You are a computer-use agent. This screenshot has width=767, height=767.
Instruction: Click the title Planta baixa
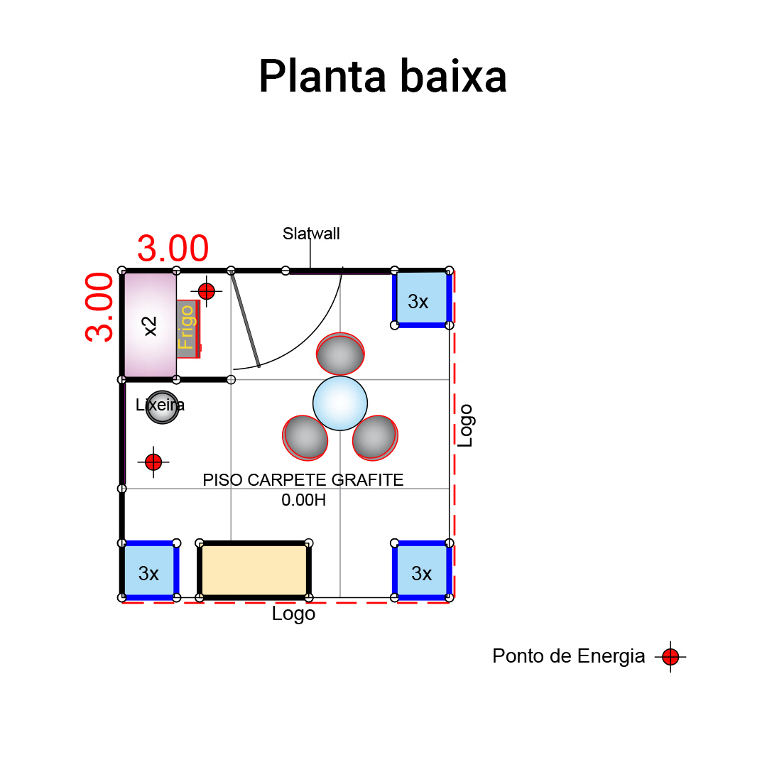382,77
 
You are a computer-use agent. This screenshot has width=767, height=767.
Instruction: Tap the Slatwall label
311,234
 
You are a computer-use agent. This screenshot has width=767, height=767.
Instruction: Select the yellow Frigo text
187,327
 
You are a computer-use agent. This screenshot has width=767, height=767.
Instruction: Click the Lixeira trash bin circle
162,408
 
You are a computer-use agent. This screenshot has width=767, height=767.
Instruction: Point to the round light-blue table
340,403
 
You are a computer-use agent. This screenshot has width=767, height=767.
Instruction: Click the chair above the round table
340,354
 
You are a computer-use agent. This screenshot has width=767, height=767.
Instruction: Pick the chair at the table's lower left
305,437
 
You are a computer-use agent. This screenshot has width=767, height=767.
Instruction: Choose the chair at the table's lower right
375,437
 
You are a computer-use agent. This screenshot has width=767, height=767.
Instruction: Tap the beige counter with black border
254,570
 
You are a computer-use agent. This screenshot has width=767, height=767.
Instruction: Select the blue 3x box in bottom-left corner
148,571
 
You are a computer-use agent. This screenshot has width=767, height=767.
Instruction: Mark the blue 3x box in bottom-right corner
422,571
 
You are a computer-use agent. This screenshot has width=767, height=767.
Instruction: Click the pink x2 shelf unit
150,325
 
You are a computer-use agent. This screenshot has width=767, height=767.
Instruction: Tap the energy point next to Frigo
207,291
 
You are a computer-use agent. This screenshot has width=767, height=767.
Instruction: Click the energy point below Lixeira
153,462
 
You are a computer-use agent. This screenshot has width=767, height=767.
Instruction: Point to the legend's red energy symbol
670,657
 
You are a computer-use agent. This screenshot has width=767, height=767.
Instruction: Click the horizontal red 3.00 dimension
173,249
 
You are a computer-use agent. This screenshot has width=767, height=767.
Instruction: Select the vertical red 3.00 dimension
100,307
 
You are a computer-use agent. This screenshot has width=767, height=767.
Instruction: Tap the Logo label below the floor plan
293,614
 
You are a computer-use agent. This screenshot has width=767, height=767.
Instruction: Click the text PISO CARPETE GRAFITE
303,480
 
